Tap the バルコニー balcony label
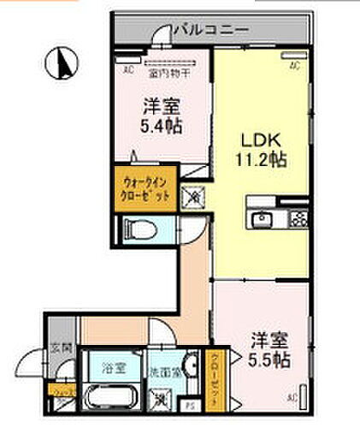(210, 30)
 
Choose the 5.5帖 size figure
(269, 360)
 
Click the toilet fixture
(140, 228)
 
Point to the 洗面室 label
(163, 372)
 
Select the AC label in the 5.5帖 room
(292, 396)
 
